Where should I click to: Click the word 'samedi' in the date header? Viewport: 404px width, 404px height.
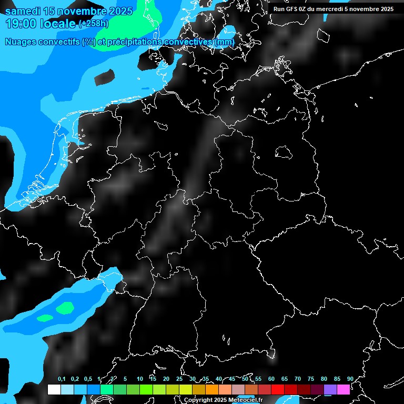pos(22,11)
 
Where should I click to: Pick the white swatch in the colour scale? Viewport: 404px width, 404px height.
pos(54,389)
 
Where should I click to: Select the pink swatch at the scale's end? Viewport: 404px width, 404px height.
pos(344,389)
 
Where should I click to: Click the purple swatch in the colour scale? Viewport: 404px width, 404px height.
pos(330,389)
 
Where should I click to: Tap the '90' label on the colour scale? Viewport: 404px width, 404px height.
pos(350,379)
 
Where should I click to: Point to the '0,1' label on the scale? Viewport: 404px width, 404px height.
pos(62,379)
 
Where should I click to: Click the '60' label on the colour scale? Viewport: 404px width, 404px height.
pos(271,379)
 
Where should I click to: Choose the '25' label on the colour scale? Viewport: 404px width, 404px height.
pos(179,379)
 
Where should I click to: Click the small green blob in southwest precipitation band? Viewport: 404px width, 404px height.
pos(45,318)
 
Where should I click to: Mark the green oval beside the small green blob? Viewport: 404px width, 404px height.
pos(66,307)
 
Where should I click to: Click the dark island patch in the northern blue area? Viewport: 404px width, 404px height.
pos(104,77)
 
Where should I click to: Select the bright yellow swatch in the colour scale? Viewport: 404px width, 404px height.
pos(186,389)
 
